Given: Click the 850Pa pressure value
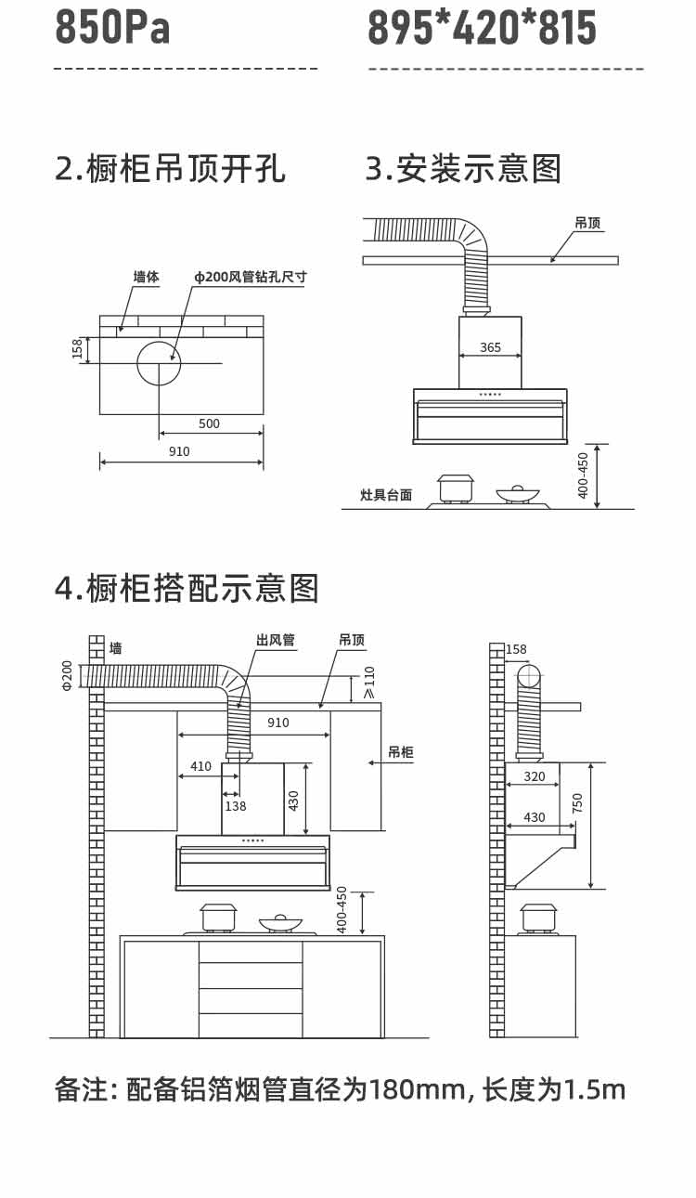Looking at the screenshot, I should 113,27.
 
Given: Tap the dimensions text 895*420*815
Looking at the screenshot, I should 482,27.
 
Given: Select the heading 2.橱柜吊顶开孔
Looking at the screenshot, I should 170,169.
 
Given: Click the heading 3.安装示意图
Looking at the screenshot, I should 463,169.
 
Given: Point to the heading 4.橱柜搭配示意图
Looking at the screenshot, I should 187,589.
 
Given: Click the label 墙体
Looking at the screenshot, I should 146,277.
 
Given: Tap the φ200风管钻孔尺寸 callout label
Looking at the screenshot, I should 250,277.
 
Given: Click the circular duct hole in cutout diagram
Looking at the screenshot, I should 159,363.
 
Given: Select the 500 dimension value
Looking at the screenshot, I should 210,423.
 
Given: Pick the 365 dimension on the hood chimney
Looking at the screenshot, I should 490,347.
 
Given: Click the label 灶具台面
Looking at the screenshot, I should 386,495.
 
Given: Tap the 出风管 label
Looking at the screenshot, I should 276,640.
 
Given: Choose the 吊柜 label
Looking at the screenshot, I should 401,752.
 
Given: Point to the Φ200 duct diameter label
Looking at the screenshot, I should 67,674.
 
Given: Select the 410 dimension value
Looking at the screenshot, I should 200,766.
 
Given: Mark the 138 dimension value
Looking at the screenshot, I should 236,806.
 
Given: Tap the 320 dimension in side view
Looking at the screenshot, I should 535,776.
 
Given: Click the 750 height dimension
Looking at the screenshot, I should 577,802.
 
